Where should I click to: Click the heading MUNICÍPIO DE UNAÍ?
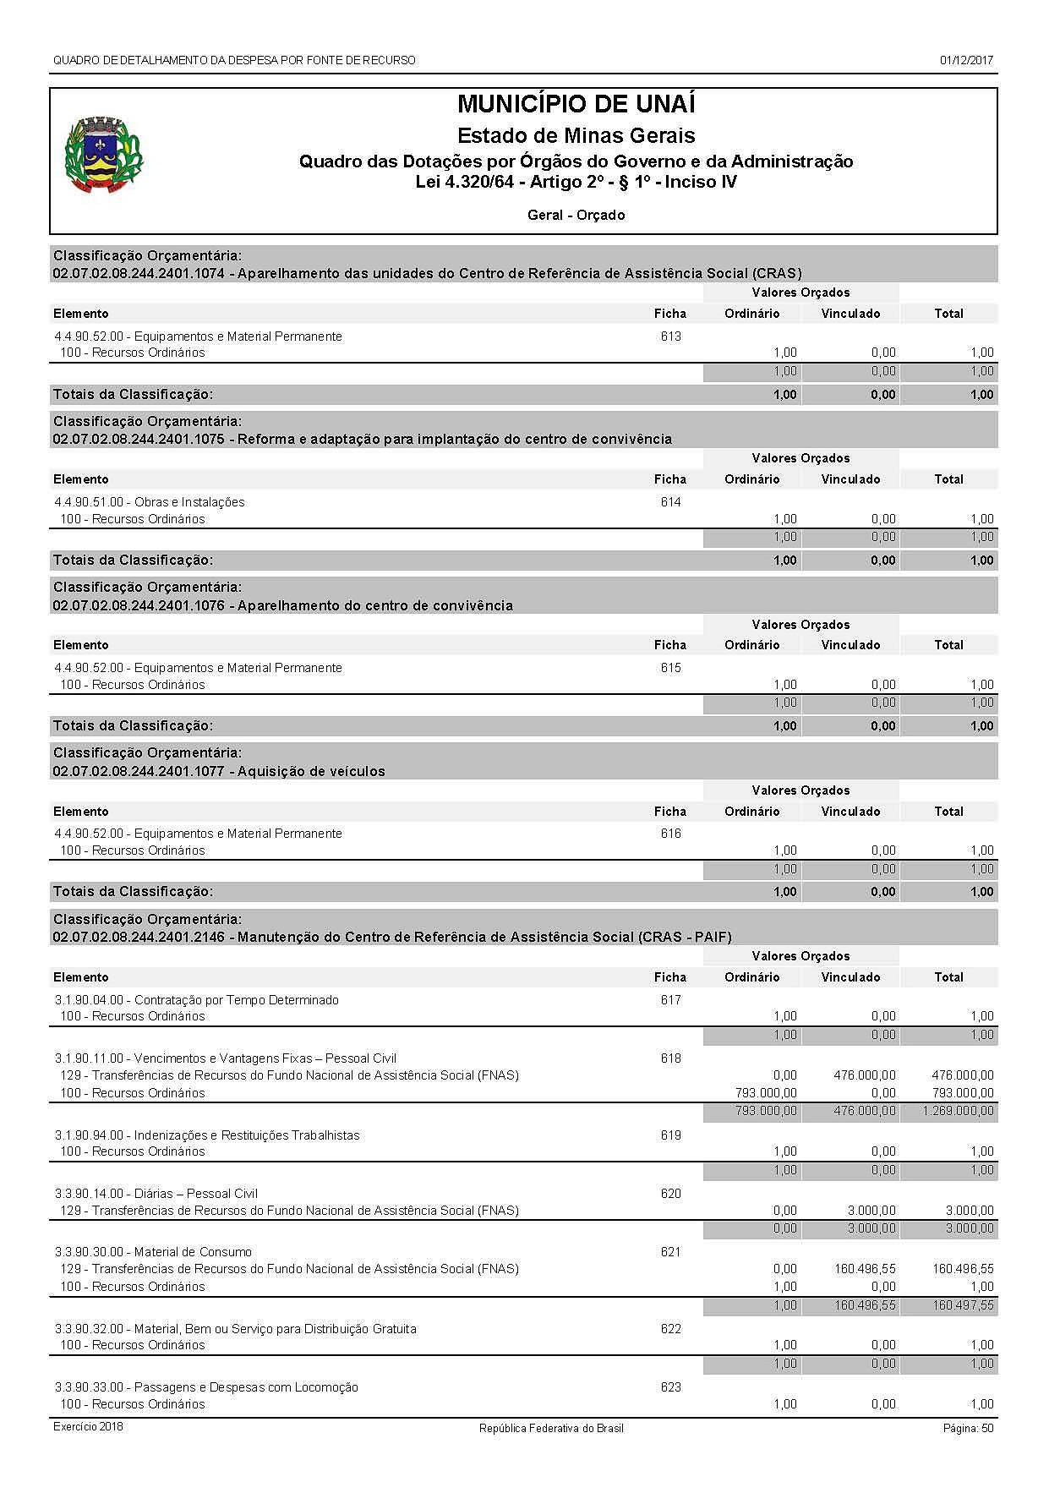576,105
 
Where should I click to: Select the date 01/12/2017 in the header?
965,61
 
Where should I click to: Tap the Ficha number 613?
670,336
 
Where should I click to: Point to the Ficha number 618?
670,1058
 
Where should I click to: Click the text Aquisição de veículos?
311,771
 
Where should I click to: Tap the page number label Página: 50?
968,1428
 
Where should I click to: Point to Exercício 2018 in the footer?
88,1427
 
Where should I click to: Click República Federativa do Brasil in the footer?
551,1428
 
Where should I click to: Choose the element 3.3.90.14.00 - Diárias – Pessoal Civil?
156,1194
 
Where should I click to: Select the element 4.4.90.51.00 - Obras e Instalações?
150,502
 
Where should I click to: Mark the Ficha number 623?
670,1387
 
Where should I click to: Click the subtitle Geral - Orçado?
576,215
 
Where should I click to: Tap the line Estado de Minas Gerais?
576,135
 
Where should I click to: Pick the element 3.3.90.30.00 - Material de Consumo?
153,1252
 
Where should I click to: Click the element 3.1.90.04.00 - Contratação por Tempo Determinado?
196,1000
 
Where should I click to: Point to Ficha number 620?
670,1194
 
